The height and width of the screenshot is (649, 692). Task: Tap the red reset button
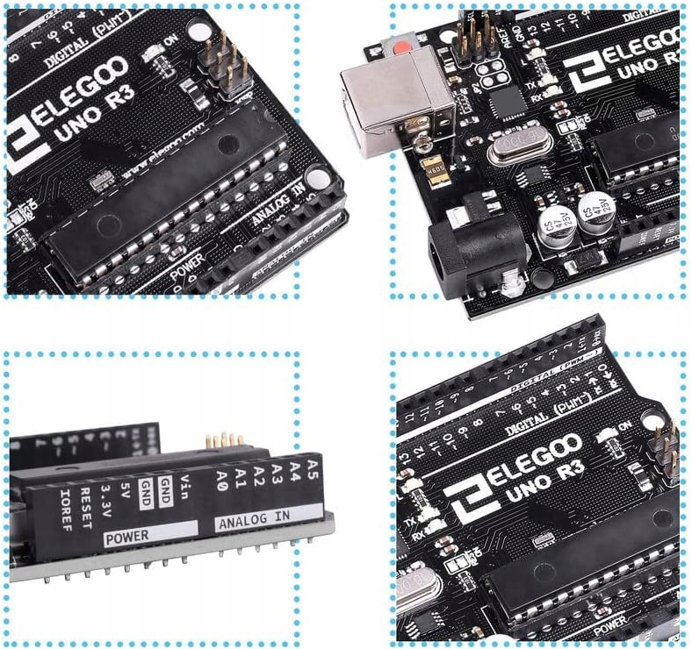pyautogui.click(x=403, y=47)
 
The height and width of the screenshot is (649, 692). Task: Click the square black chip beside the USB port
pyautogui.click(x=508, y=103)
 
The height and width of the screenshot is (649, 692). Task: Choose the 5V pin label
pyautogui.click(x=126, y=490)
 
